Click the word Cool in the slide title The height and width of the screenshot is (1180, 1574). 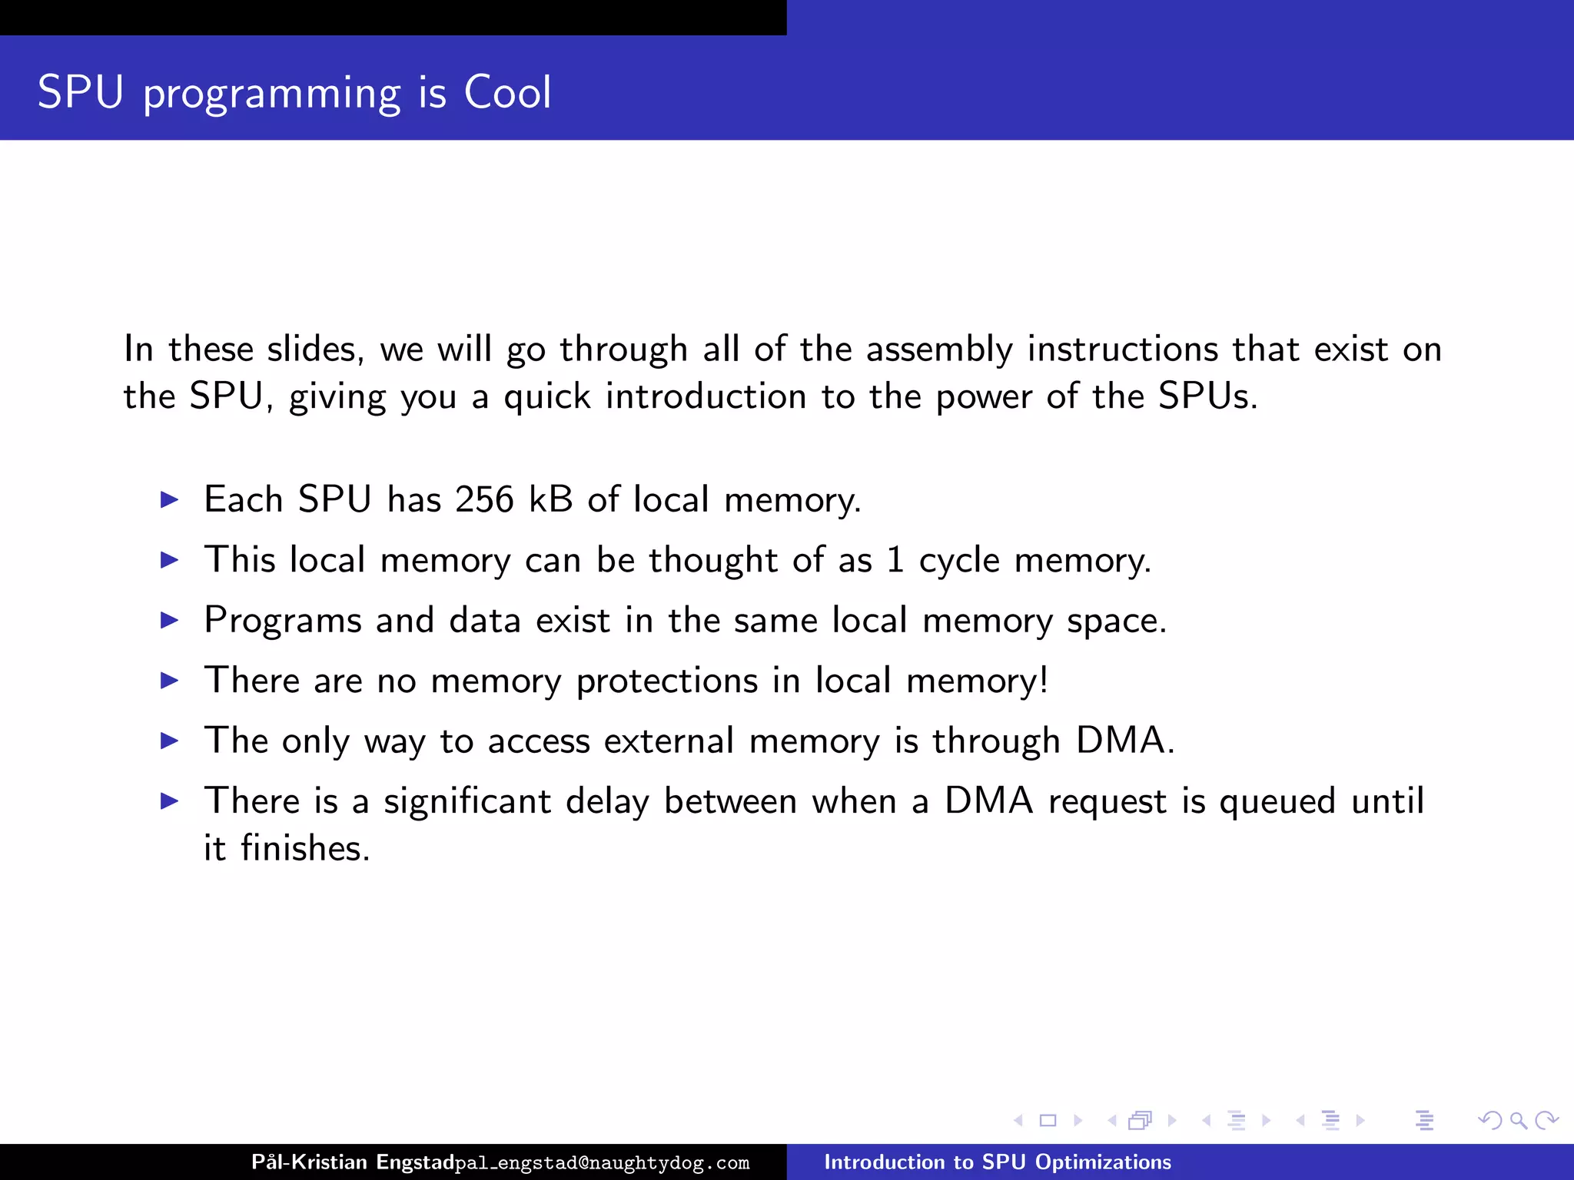[x=507, y=93]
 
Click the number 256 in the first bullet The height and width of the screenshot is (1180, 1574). [x=484, y=499]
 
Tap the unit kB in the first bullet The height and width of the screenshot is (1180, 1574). [x=551, y=499]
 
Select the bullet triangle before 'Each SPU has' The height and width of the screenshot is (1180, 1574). [x=169, y=500]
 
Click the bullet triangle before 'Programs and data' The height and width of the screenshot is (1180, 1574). [x=169, y=621]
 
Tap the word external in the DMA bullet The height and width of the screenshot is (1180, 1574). [x=669, y=741]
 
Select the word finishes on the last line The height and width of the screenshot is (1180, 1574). [x=305, y=849]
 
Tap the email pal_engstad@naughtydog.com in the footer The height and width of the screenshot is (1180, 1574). [x=602, y=1163]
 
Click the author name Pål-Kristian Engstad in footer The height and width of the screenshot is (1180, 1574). [x=353, y=1162]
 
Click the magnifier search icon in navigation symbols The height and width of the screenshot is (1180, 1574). [x=1518, y=1121]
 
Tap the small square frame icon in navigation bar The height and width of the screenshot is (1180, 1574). [x=1048, y=1121]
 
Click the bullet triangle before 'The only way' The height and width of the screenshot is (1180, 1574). [x=169, y=741]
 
